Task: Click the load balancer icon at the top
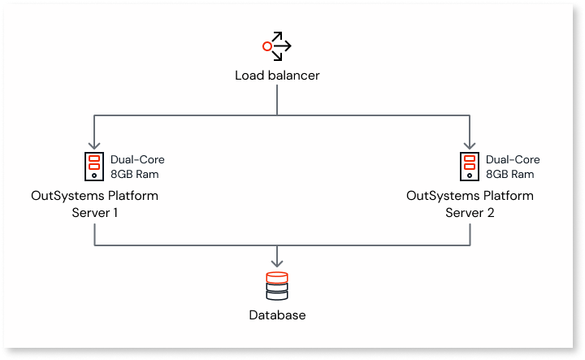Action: pos(276,46)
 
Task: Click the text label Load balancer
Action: pos(277,76)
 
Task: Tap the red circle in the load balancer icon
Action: pos(266,46)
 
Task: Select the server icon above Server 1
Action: pos(94,166)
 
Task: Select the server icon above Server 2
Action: pos(469,166)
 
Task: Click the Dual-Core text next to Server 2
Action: pos(512,159)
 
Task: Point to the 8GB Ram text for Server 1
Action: pos(135,174)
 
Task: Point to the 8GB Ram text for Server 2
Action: pos(509,174)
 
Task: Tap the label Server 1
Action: pos(94,212)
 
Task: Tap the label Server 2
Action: pos(470,212)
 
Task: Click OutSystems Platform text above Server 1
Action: pos(94,196)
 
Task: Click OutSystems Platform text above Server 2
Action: pos(470,196)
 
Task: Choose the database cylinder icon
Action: pos(277,287)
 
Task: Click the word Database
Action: pos(277,315)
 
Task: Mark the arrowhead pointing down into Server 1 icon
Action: pos(95,143)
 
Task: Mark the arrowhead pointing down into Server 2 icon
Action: pos(470,143)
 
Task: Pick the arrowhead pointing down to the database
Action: pos(277,262)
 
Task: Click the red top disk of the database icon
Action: pos(277,276)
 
